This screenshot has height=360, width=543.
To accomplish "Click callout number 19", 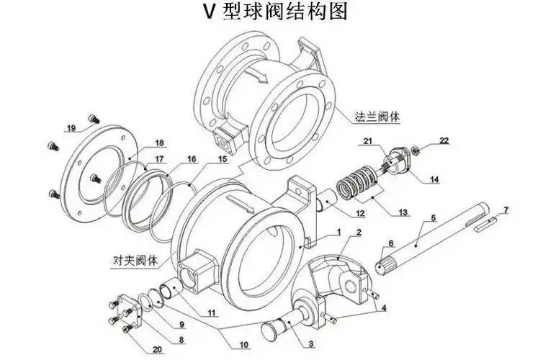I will coord(71,129).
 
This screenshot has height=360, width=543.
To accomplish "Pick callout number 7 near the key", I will coord(506,210).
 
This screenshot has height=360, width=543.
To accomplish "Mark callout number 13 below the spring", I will coord(403,212).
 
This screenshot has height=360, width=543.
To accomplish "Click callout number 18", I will coord(159,143).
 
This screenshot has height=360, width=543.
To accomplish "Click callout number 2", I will coord(357,233).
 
